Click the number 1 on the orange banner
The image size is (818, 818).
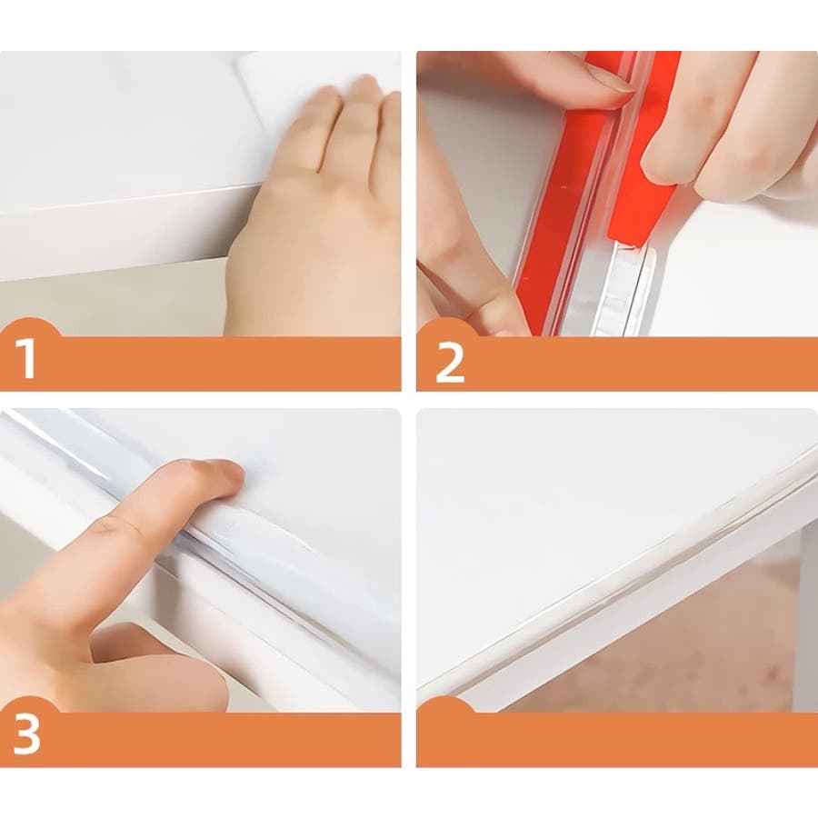coord(26,358)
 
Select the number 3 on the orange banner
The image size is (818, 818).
coord(26,733)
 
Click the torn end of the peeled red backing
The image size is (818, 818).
coord(633,241)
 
